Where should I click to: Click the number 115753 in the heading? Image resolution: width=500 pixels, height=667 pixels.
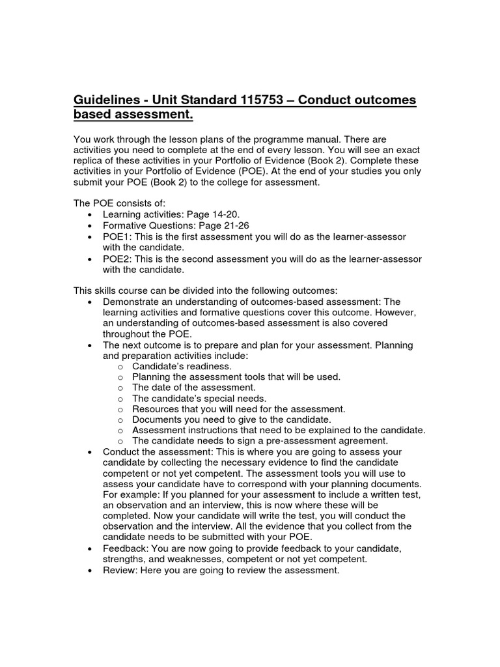[x=258, y=101]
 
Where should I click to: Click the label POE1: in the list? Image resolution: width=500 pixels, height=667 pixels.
[x=117, y=236]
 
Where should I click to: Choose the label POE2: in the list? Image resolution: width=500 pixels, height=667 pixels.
[x=117, y=259]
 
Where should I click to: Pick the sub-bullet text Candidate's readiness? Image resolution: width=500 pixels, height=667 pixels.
[x=182, y=366]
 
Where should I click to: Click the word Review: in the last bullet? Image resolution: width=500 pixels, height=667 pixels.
[x=122, y=571]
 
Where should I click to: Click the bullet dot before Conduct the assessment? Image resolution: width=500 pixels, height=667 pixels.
[x=89, y=452]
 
